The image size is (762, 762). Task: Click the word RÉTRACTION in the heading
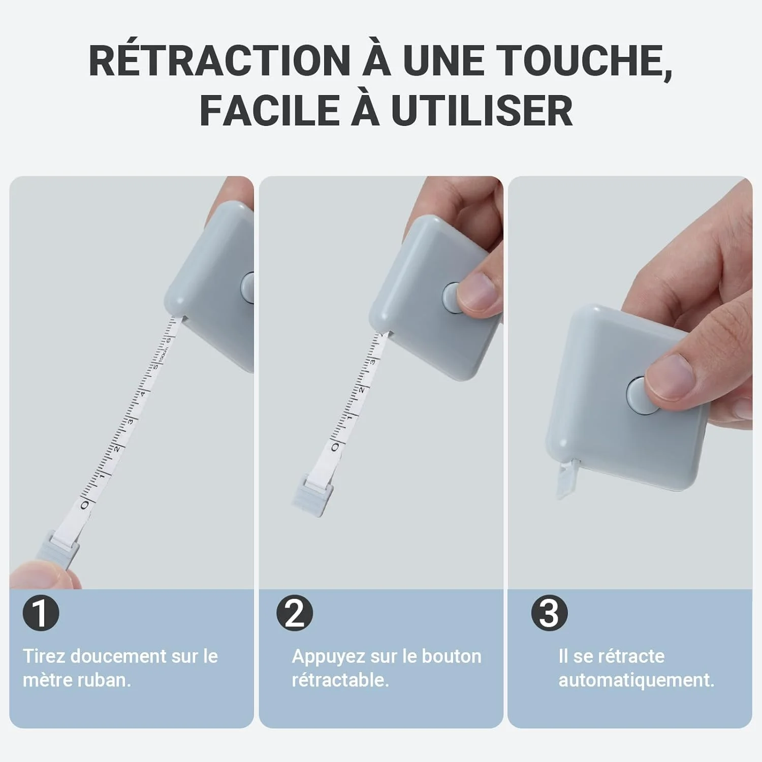coord(219,61)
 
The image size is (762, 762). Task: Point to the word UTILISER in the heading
coord(482,110)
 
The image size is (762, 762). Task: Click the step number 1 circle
coord(41,613)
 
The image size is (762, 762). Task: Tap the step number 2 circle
coord(295,613)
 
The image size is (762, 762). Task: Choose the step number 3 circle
coord(549,613)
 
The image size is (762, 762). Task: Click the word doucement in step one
coord(118,656)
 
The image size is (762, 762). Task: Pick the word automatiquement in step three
coord(636,680)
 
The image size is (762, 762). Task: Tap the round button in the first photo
coord(247,289)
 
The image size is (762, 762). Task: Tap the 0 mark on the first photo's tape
coord(85,504)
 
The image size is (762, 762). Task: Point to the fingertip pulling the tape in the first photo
coord(41,574)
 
